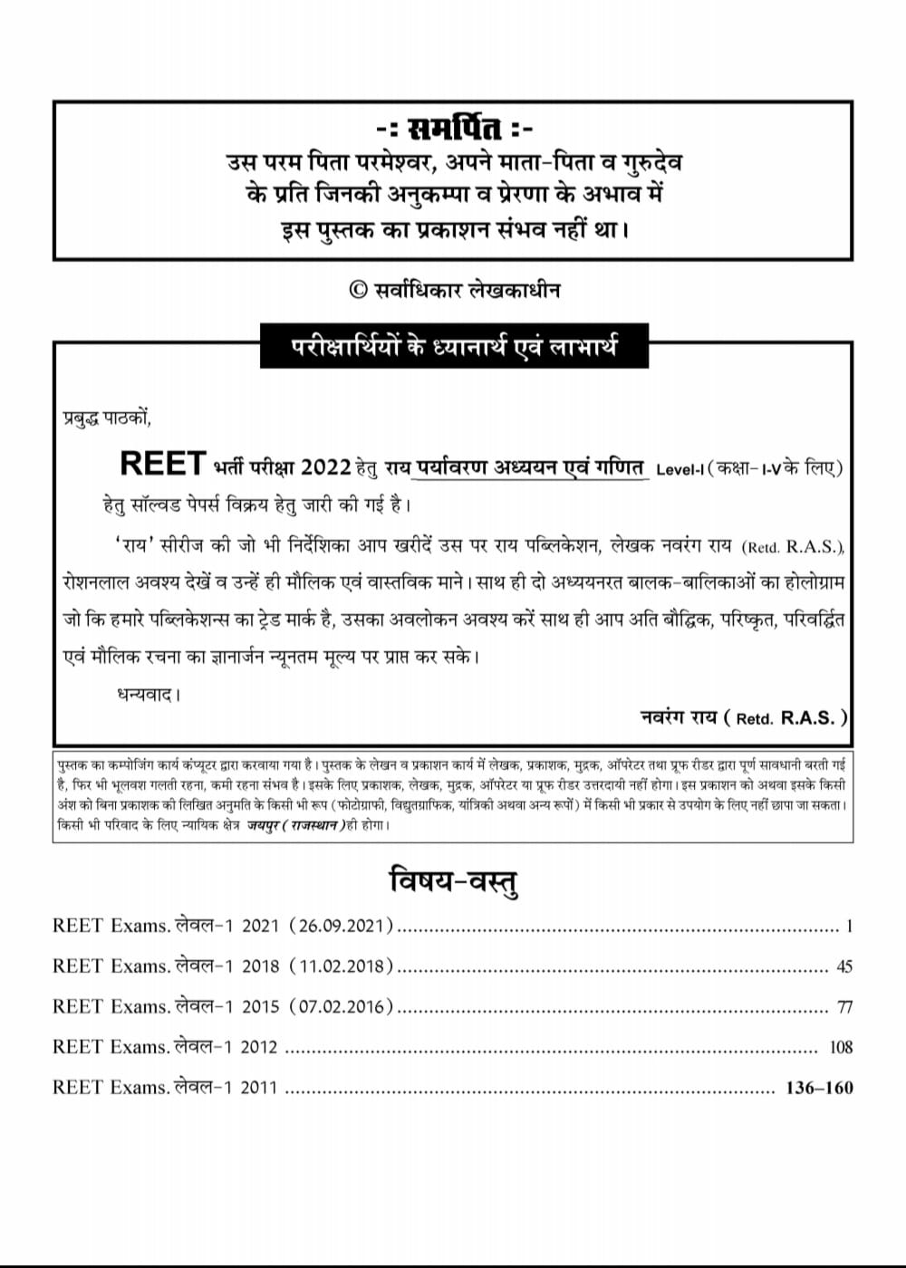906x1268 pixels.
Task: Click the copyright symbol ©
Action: [x=358, y=289]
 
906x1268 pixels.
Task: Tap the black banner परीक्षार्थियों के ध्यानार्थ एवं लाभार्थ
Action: [x=454, y=346]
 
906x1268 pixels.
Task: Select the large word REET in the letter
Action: [x=163, y=464]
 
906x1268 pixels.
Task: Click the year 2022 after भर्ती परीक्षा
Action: [x=325, y=467]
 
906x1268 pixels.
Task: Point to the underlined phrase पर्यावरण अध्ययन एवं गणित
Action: [x=529, y=467]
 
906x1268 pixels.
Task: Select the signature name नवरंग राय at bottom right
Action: [x=679, y=716]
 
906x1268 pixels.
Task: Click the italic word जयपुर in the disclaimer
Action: [x=264, y=826]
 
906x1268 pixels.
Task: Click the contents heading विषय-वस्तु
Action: [x=453, y=880]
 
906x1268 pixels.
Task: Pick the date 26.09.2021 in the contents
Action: [x=342, y=927]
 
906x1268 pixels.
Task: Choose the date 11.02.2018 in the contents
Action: [x=342, y=966]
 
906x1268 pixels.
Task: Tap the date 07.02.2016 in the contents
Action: [x=342, y=1006]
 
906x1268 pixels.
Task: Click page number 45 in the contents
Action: [x=844, y=967]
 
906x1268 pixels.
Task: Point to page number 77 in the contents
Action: [x=844, y=1007]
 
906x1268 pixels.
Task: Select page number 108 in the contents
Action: [x=841, y=1047]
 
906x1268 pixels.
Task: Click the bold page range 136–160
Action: [x=820, y=1088]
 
